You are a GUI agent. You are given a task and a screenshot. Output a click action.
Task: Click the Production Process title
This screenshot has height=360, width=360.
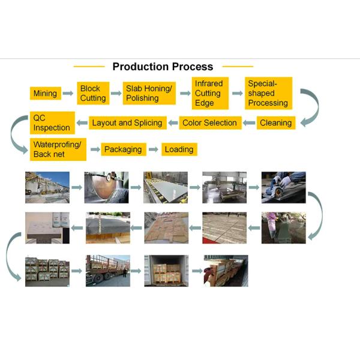[163, 67]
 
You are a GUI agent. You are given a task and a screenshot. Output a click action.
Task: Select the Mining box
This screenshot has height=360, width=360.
[46, 94]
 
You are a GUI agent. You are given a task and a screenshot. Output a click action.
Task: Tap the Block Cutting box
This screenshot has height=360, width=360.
[93, 93]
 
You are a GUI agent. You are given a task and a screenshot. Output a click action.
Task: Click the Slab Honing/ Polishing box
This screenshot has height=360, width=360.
[149, 93]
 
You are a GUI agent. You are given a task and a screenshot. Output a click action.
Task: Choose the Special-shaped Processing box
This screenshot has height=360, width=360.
[268, 93]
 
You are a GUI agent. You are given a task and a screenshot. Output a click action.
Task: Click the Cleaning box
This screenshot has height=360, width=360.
[275, 123]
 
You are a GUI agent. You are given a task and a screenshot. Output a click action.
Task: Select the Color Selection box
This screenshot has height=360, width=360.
[209, 123]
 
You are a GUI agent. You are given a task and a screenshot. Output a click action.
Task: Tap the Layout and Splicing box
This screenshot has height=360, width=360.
[127, 123]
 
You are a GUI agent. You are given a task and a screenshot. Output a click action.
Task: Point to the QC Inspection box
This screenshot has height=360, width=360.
[52, 123]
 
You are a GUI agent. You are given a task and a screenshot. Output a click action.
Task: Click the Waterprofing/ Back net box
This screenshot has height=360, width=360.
[58, 149]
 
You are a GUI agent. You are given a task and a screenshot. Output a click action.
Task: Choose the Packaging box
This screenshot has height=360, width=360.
[123, 149]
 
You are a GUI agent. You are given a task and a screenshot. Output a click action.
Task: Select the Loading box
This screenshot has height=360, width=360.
[179, 149]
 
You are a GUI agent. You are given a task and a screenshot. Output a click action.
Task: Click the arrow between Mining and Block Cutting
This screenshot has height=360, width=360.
[68, 94]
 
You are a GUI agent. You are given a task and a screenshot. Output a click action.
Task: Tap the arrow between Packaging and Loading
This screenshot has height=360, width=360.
[153, 149]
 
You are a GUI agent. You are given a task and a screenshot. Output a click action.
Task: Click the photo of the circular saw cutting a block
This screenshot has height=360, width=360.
[106, 187]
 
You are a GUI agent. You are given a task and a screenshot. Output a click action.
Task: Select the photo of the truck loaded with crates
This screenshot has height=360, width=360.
[107, 270]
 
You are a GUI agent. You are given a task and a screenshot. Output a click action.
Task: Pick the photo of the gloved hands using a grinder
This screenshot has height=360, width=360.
[283, 187]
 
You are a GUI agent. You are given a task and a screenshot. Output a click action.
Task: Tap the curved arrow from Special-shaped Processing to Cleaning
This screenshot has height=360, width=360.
[310, 108]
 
